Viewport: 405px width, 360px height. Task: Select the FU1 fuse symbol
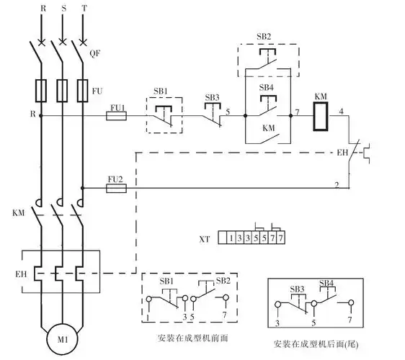coord(117,114)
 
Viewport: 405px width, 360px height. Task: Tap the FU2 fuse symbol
coord(116,188)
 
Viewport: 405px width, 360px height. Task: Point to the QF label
coord(94,53)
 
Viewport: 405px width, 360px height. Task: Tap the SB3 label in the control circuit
coord(212,96)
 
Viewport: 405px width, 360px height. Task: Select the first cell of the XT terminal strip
coord(229,238)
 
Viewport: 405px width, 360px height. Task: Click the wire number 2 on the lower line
coord(337,186)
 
